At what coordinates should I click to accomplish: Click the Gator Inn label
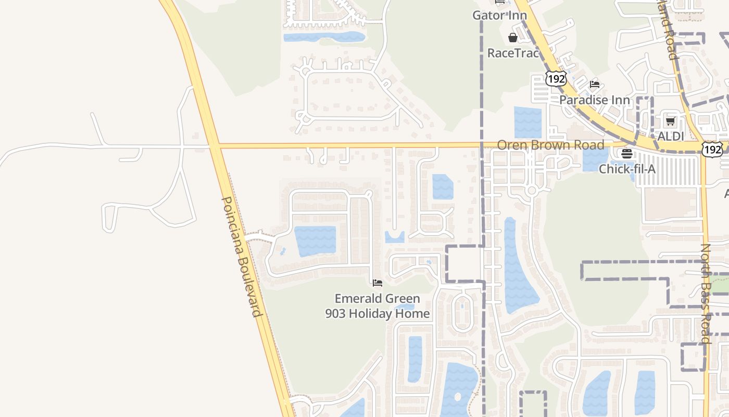[x=499, y=15]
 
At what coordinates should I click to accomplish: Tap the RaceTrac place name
[x=512, y=53]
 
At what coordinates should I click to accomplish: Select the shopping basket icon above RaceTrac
[x=513, y=38]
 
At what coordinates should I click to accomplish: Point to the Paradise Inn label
[x=594, y=100]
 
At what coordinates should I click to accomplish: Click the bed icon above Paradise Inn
[x=594, y=84]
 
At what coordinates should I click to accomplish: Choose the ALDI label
[x=670, y=136]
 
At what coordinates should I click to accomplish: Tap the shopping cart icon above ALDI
[x=670, y=121]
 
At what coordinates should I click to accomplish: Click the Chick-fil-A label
[x=627, y=169]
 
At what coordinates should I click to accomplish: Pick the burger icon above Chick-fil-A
[x=627, y=154]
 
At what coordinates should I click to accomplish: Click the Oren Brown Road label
[x=550, y=145]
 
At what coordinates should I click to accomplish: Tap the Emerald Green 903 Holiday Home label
[x=378, y=306]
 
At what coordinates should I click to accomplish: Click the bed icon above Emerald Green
[x=378, y=283]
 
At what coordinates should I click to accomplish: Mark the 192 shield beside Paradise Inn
[x=556, y=79]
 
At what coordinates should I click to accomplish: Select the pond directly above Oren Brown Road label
[x=527, y=122]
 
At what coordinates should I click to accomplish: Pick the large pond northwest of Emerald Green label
[x=315, y=240]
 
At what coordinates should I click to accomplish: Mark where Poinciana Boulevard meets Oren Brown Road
[x=215, y=146]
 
